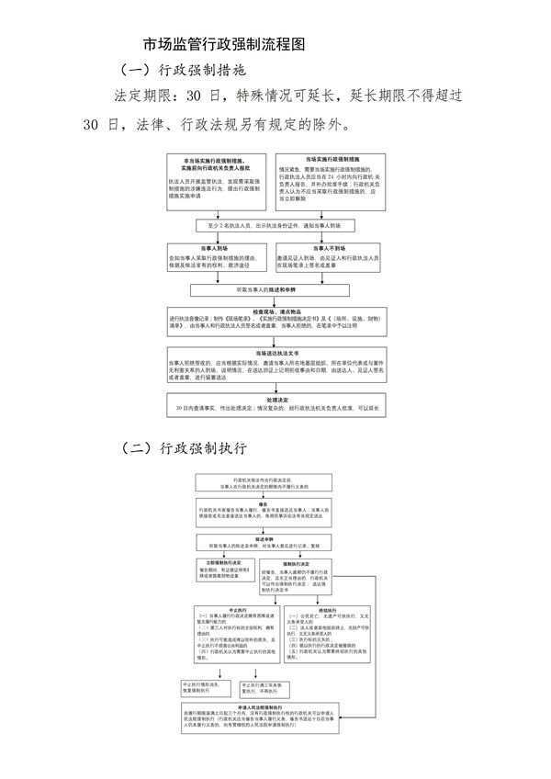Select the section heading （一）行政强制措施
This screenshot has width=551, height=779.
point(183,69)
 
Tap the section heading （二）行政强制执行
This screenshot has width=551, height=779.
point(183,447)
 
